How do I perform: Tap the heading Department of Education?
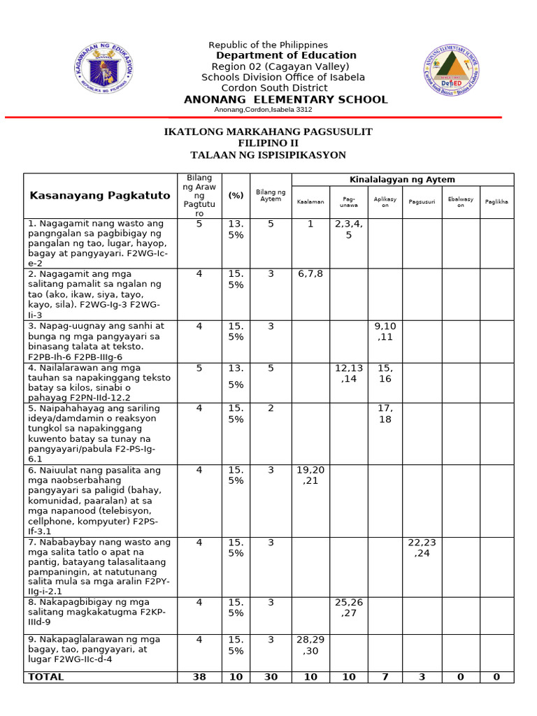[x=286, y=55]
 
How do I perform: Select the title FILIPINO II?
[x=268, y=143]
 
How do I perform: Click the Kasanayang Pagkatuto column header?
[x=100, y=195]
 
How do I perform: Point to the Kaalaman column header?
[x=310, y=201]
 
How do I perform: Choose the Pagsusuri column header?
[x=422, y=201]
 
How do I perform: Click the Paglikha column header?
[x=496, y=201]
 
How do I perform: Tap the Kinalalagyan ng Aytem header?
[x=402, y=180]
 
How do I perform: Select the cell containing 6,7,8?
[x=310, y=274]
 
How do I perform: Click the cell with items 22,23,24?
[x=422, y=547]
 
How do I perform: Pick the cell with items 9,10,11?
[x=385, y=331]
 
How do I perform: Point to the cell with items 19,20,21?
[x=310, y=475]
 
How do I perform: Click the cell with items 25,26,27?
[x=349, y=608]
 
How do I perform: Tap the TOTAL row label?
[x=45, y=677]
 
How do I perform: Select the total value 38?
[x=199, y=677]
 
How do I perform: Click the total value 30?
[x=271, y=677]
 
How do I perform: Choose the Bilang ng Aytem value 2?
[x=271, y=408]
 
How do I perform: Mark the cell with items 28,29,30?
[x=310, y=645]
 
